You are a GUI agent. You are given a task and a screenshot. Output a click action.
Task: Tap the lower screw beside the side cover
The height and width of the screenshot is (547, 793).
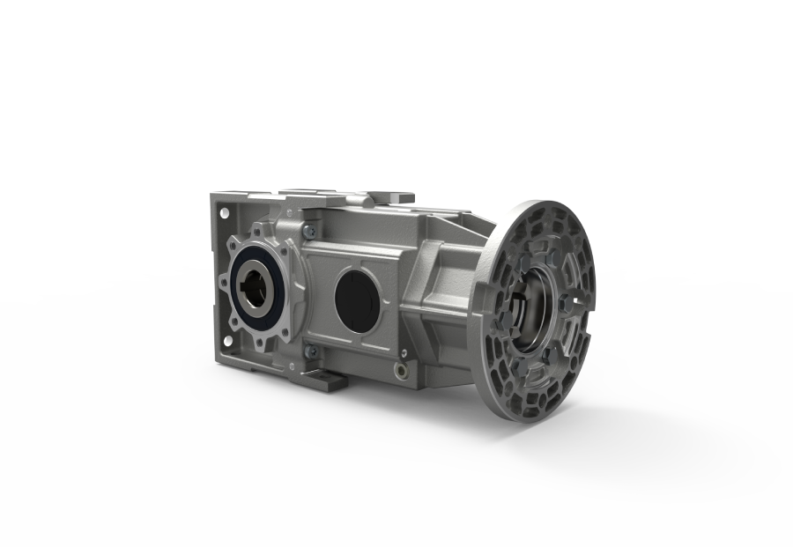309,351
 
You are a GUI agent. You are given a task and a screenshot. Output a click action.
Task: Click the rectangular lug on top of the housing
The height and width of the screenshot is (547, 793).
388,195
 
